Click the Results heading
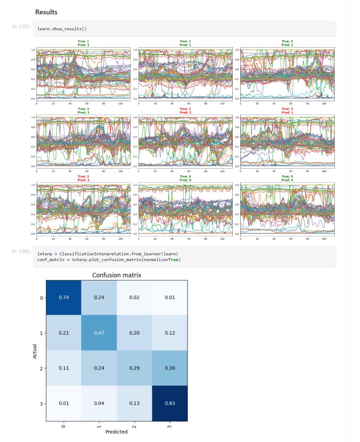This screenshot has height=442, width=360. (46, 12)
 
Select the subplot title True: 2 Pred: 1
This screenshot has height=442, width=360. (285, 110)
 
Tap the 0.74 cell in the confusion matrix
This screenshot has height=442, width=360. (63, 298)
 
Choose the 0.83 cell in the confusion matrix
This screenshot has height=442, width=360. (170, 403)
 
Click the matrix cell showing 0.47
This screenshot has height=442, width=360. (99, 333)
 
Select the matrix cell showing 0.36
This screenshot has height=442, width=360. (170, 368)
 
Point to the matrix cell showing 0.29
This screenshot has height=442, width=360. (134, 368)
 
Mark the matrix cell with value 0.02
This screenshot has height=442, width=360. (134, 298)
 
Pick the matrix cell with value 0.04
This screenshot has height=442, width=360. (99, 403)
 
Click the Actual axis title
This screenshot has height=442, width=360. (35, 351)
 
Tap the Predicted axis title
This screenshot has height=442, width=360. (116, 432)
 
